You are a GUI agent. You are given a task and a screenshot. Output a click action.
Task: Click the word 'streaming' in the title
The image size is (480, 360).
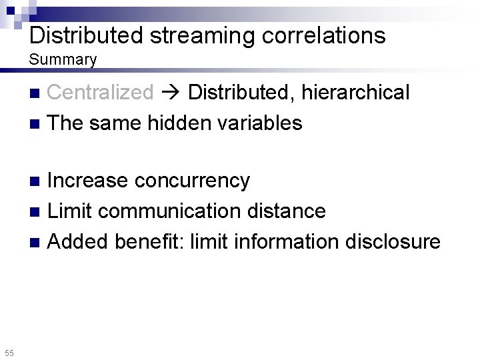[203, 35]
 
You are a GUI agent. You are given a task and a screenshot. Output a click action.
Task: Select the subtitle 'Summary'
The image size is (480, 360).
[63, 60]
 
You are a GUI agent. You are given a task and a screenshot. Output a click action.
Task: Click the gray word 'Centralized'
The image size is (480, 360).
[101, 92]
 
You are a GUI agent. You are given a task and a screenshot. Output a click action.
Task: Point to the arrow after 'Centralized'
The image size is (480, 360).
[171, 93]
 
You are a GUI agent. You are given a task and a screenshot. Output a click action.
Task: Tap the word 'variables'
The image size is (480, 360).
[263, 123]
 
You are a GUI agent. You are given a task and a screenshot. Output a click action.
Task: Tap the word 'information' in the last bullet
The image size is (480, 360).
[288, 241]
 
